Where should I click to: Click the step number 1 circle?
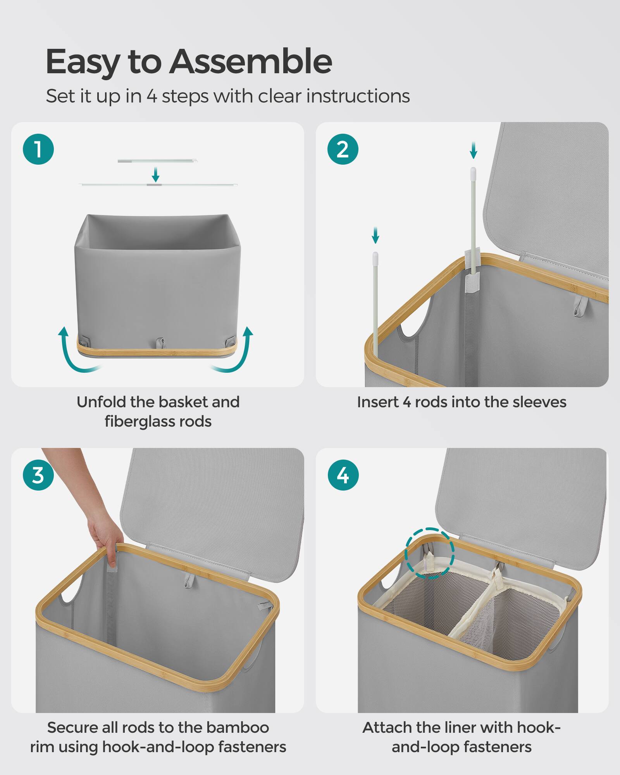pyautogui.click(x=38, y=149)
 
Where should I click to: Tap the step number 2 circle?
pyautogui.click(x=343, y=149)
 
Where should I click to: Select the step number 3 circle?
pyautogui.click(x=38, y=475)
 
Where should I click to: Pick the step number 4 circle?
pyautogui.click(x=343, y=475)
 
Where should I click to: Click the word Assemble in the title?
pyautogui.click(x=250, y=62)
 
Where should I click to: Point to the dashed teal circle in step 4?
pyautogui.click(x=429, y=553)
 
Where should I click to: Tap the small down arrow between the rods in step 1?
pyautogui.click(x=155, y=175)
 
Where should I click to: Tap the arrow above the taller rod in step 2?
pyautogui.click(x=473, y=150)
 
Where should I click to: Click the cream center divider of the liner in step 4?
pyautogui.click(x=471, y=612)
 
